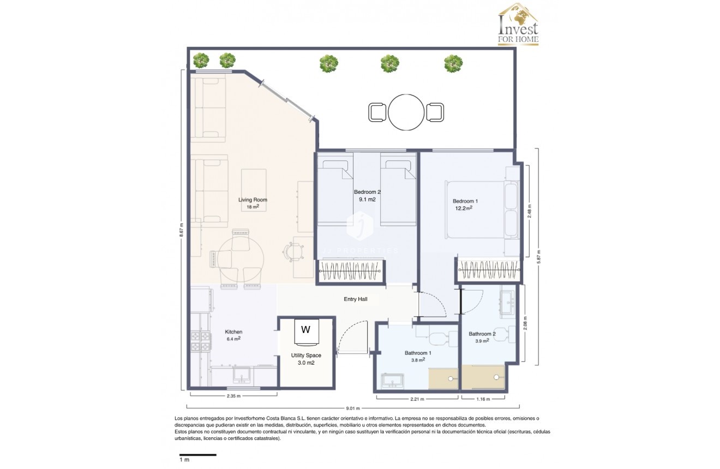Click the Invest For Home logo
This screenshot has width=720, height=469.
click(518, 25)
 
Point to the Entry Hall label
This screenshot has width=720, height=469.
click(355, 299)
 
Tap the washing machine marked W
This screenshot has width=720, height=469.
click(306, 332)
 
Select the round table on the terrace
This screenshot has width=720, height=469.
click(406, 112)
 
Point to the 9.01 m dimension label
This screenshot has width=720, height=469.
click(352, 407)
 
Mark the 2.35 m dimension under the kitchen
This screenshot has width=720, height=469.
click(233, 396)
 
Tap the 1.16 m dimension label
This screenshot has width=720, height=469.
click(483, 399)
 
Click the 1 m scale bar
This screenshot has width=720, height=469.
click(198, 455)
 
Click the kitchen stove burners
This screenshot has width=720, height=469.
click(200, 341)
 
